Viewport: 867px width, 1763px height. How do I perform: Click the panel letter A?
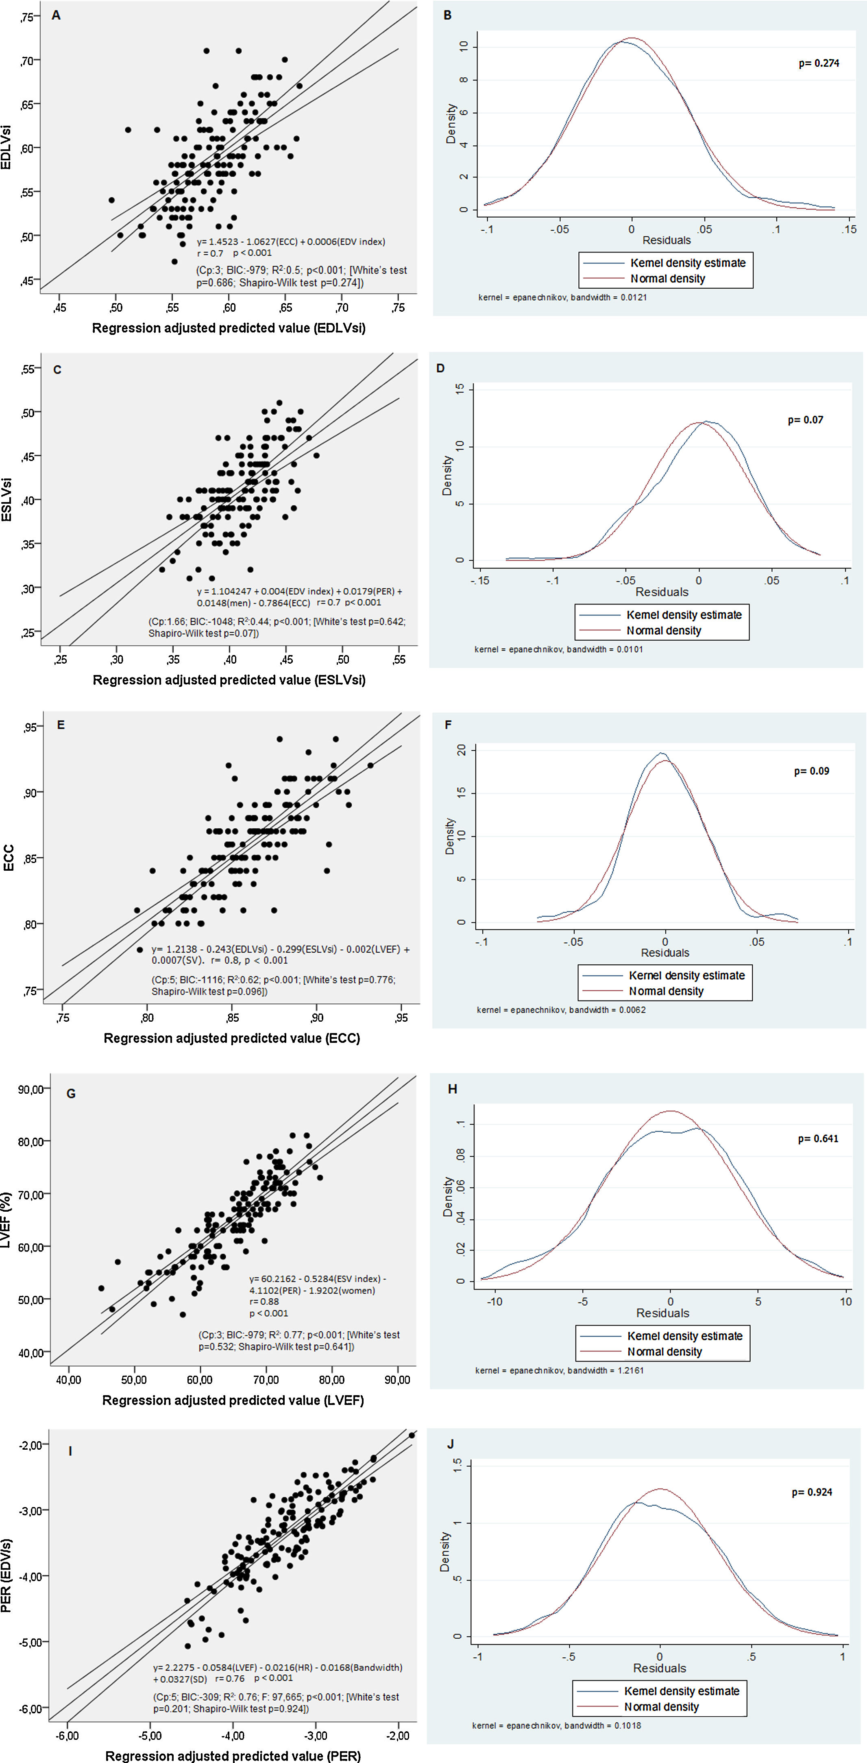point(56,15)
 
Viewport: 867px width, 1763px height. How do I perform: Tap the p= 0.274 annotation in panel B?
point(819,63)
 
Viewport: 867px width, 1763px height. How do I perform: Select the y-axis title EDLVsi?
point(7,147)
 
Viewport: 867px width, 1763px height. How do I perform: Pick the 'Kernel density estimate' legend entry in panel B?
point(688,263)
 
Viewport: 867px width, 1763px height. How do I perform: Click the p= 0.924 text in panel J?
point(812,1492)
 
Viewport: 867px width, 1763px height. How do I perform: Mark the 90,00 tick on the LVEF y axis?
point(31,1089)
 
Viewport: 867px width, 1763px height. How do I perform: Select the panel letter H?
point(452,1089)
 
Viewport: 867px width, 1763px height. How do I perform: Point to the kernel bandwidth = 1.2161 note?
point(559,1370)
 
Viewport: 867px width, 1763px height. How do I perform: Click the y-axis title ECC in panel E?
point(8,858)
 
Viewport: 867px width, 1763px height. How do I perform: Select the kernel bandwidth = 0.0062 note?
point(560,1009)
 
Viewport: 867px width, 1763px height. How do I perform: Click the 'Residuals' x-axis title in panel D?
point(662,592)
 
